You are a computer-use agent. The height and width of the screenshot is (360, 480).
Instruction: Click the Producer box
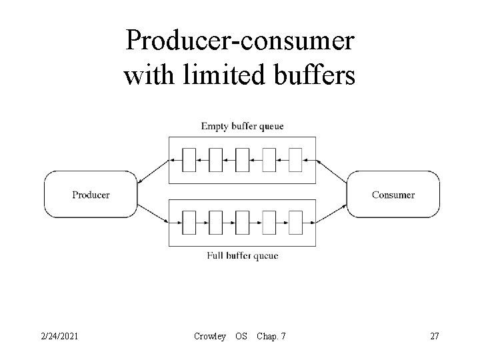click(91, 195)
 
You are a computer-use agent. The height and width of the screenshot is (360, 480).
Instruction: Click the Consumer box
click(393, 195)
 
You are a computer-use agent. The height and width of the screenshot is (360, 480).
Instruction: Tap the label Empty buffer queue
click(242, 126)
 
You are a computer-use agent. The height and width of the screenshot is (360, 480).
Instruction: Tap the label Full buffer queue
click(242, 256)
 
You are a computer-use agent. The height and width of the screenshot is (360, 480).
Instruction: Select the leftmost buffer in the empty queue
click(189, 160)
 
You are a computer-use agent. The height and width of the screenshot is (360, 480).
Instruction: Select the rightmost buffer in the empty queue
click(295, 160)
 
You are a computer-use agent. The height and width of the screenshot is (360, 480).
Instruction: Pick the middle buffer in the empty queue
click(242, 160)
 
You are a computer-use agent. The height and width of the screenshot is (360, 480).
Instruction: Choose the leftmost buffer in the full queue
click(189, 220)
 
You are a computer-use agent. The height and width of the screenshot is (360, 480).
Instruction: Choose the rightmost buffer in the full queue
click(295, 220)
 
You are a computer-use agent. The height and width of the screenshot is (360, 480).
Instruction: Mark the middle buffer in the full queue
click(242, 220)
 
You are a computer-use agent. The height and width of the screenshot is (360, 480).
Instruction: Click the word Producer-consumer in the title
click(240, 41)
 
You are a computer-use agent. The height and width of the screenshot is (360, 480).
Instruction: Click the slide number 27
click(434, 336)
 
